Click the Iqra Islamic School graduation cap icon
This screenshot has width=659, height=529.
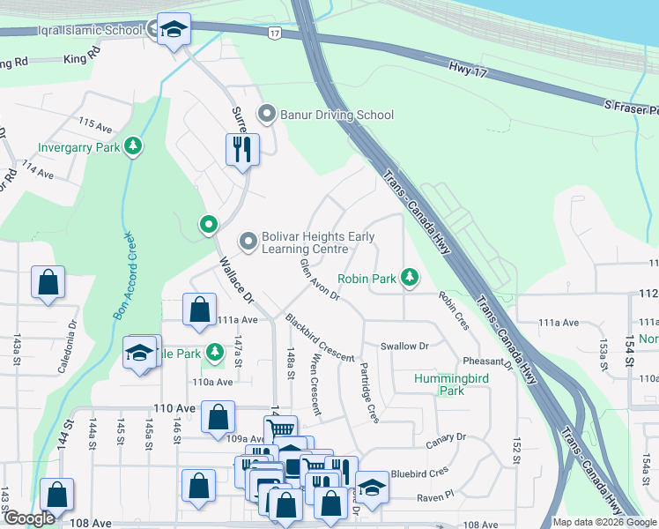click(x=174, y=31)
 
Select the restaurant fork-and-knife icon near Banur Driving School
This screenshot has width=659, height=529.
click(x=242, y=149)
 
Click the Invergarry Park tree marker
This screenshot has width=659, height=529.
click(x=133, y=146)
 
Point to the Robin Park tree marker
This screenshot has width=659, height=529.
click(x=409, y=278)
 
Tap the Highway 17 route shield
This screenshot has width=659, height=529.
click(x=275, y=33)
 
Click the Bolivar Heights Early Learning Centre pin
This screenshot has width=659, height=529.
click(x=248, y=241)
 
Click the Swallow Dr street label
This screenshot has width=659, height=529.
click(x=404, y=346)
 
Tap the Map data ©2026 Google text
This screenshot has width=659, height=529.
click(x=604, y=522)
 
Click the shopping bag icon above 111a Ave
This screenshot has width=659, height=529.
click(x=200, y=309)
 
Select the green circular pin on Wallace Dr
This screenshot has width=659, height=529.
click(x=209, y=225)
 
